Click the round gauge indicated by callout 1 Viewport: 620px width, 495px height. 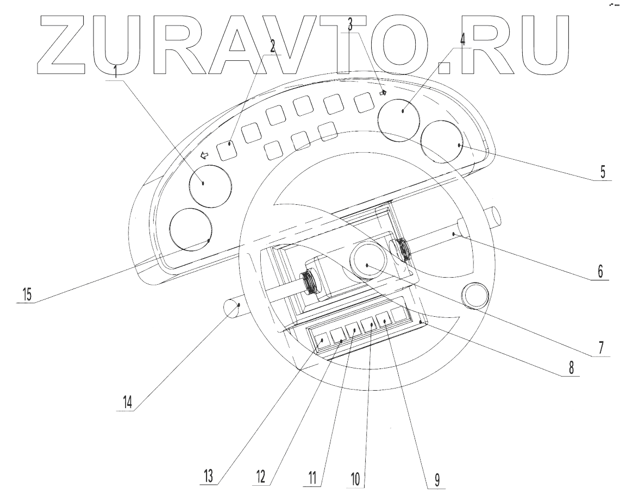(210, 185)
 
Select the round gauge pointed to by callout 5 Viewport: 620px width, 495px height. (442, 142)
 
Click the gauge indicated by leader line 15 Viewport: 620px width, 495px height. (191, 229)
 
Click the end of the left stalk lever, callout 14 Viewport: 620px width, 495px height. (231, 309)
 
